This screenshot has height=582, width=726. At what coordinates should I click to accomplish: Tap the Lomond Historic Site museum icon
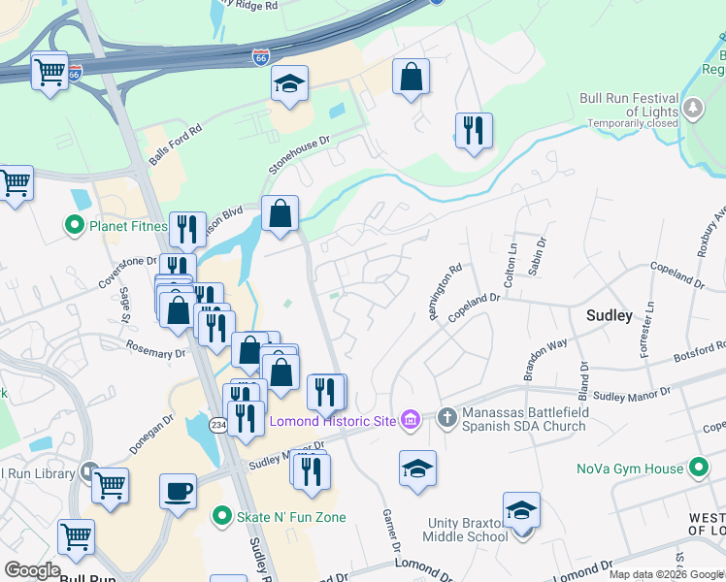410,420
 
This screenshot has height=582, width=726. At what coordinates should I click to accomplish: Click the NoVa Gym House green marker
698,469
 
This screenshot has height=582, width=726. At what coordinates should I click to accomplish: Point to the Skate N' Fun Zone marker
222,517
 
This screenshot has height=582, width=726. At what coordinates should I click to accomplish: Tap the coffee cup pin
178,491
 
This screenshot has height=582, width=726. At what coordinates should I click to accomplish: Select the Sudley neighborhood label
610,315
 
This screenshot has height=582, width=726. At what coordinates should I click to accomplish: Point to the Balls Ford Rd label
176,144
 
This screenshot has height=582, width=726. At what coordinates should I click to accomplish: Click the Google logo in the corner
32,569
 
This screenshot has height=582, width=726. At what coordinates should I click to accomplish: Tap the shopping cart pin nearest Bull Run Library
111,484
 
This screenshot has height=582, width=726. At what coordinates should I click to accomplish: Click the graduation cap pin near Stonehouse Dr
289,84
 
